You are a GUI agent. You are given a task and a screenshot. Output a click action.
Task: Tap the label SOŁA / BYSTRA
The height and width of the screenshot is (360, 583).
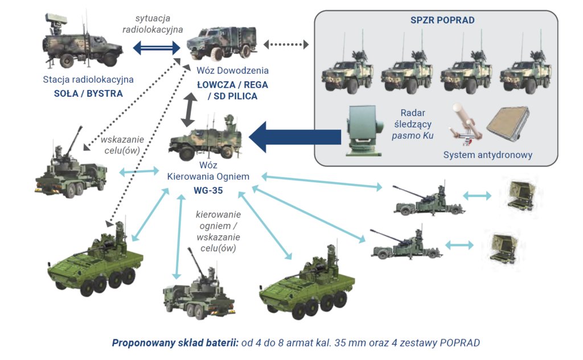tap(83, 93)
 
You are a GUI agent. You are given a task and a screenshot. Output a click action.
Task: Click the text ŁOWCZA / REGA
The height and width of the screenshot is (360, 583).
tap(232, 84)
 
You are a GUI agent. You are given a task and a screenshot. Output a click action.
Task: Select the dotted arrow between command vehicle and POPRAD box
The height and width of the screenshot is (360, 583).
tap(286, 44)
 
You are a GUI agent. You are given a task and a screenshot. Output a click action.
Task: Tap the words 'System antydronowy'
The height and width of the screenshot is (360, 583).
tap(488, 155)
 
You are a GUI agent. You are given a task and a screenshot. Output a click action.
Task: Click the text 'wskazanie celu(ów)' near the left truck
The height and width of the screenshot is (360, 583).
tap(120, 145)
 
